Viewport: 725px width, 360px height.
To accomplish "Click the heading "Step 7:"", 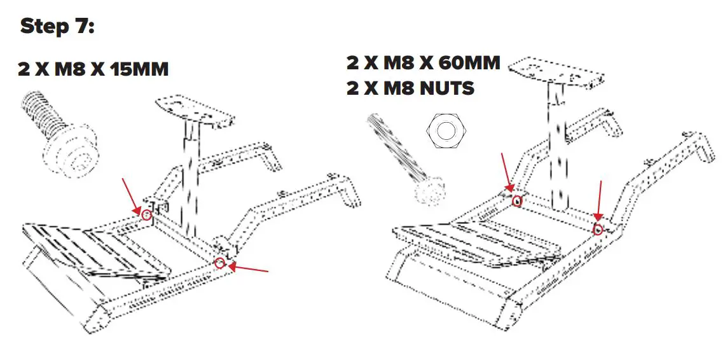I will (57, 27).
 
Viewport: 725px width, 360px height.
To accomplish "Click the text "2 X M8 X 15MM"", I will (93, 69).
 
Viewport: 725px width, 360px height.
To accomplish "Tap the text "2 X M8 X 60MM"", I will (424, 63).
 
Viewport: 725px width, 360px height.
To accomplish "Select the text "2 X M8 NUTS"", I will (410, 88).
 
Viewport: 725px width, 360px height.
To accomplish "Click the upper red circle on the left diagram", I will (147, 215).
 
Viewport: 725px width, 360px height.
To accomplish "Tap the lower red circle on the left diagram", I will (220, 263).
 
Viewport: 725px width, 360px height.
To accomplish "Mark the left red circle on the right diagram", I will (518, 201).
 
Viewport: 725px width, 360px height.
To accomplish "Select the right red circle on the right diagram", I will (598, 229).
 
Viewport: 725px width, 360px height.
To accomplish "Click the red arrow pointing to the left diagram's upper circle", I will (132, 196).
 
